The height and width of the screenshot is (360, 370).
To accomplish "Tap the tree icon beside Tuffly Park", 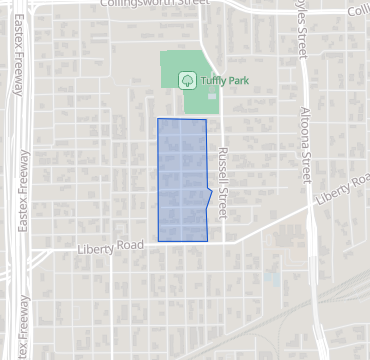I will (185, 80).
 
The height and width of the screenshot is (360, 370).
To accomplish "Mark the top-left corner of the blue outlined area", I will (158, 119).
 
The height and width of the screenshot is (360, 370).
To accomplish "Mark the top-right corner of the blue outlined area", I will (206, 120).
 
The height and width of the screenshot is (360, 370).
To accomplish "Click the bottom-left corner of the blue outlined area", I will (158, 241).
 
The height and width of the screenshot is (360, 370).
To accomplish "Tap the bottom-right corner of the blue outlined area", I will (206, 241).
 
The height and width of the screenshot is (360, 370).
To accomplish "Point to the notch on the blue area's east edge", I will (210, 190).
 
